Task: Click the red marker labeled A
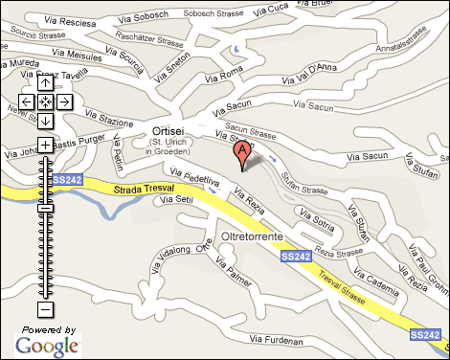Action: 242,151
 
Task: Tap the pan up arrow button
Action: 44,83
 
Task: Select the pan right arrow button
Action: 63,101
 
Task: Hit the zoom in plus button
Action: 44,145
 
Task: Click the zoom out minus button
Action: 44,309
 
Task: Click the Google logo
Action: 46,345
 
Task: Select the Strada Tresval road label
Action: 146,189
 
